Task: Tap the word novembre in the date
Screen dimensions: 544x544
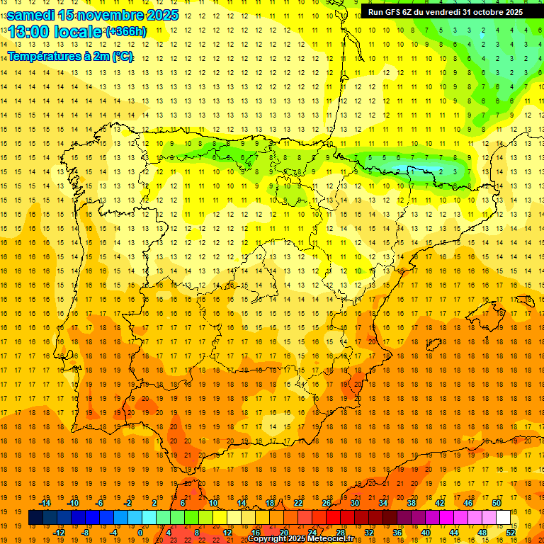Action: pos(110,14)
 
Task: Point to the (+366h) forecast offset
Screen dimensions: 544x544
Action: pos(126,32)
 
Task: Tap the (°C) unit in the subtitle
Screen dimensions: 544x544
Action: pos(121,56)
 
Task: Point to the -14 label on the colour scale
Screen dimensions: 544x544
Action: pos(44,503)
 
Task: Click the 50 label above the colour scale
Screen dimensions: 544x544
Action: pos(496,503)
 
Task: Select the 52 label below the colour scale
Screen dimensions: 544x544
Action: pos(510,533)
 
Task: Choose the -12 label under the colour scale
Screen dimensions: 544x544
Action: pos(58,533)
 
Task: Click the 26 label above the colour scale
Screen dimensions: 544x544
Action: pos(327,503)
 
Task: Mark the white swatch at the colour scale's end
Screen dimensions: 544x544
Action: pos(503,518)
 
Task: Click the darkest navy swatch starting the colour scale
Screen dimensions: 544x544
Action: pos(35,518)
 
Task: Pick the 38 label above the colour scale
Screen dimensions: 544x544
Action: pos(412,503)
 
